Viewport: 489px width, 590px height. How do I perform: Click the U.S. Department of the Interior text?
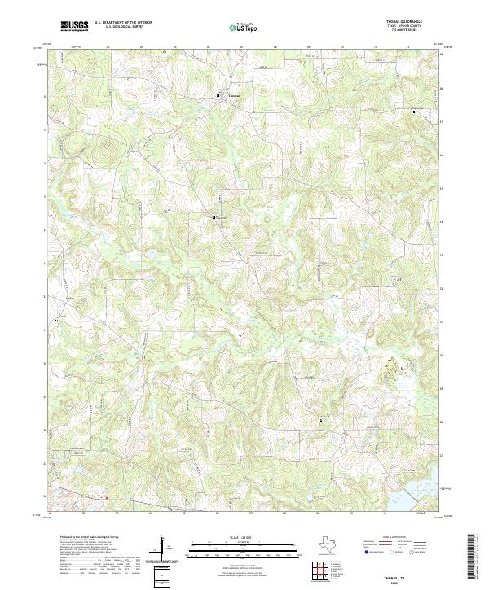click(123, 23)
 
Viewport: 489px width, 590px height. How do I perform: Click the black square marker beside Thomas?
click(218, 98)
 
